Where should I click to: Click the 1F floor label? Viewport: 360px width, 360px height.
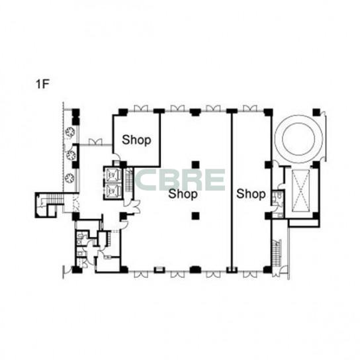coord(42,84)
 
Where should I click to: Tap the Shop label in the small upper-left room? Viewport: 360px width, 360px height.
coord(136,140)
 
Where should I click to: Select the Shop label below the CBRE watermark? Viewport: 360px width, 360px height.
coord(183,194)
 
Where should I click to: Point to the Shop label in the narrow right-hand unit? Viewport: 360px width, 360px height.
coord(251,194)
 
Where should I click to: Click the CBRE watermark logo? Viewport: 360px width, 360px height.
coord(180,180)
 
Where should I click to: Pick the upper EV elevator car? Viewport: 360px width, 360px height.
coord(112,175)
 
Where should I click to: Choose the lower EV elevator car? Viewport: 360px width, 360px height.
coord(112,191)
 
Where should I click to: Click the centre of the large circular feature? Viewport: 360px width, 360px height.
coord(298,139)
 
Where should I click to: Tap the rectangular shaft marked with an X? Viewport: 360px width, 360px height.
coord(300,191)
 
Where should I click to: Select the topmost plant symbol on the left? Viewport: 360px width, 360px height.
coord(69,132)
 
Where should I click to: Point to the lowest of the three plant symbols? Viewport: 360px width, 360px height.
coord(69,178)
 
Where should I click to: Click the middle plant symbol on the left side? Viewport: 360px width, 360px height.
coord(71,156)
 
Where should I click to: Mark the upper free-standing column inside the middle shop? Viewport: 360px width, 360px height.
coord(195,165)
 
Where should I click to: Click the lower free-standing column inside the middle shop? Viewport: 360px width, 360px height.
coord(195,216)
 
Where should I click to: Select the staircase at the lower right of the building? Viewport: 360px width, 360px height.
coord(277,253)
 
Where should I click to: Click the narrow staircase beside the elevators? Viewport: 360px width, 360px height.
coord(129,181)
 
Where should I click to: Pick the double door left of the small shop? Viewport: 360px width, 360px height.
coord(95,142)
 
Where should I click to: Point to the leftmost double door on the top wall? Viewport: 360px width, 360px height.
coord(141,109)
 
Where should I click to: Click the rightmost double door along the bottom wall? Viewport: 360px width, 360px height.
coord(250,275)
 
